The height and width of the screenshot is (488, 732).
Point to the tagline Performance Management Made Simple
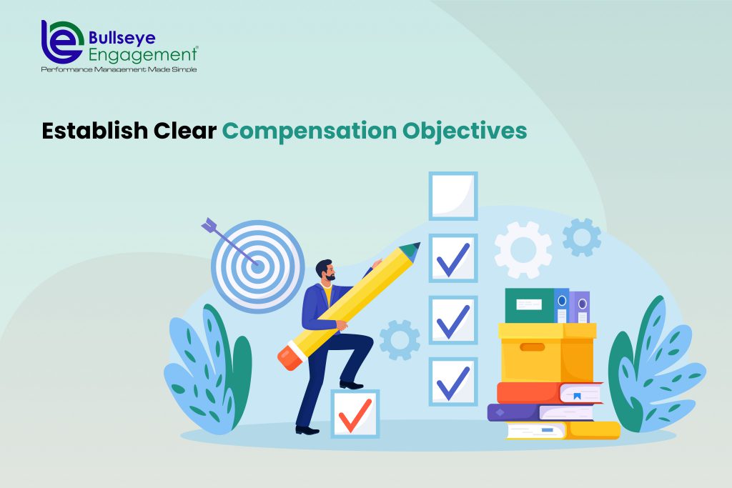click(x=118, y=69)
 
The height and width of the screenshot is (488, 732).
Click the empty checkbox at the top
click(x=452, y=195)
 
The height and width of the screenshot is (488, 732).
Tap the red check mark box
click(x=355, y=414)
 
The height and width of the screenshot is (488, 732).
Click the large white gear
click(x=523, y=249)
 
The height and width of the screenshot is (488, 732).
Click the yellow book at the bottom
click(x=562, y=429)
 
